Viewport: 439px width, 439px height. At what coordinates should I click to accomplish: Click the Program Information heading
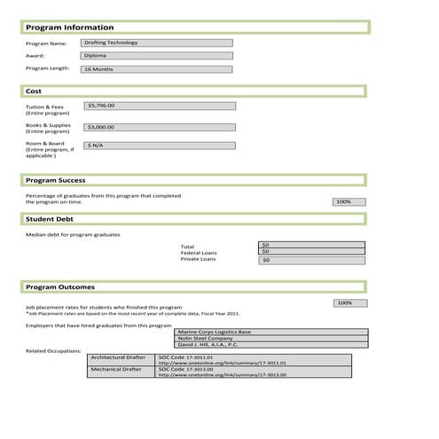(68, 27)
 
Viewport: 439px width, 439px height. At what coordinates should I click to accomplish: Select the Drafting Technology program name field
(156, 43)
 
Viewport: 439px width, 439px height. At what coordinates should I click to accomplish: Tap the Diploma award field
(156, 56)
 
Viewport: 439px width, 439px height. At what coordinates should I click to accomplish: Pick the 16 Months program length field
(156, 69)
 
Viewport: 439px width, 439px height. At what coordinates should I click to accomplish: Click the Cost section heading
(34, 91)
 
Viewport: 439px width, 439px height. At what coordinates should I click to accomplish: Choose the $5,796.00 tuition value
(160, 106)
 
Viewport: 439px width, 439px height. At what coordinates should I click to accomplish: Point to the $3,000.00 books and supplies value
(160, 127)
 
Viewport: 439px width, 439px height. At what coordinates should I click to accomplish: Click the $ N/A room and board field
(160, 145)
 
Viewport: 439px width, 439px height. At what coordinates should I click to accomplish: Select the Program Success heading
(55, 181)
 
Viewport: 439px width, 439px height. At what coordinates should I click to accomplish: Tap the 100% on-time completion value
(349, 202)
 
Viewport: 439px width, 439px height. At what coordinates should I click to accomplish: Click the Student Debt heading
(50, 218)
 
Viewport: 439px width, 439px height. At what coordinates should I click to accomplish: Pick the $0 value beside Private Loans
(311, 261)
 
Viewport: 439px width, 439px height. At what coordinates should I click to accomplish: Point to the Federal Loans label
(199, 253)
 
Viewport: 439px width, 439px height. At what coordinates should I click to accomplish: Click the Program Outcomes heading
(60, 287)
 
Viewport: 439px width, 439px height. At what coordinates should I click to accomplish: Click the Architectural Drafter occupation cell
(122, 357)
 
